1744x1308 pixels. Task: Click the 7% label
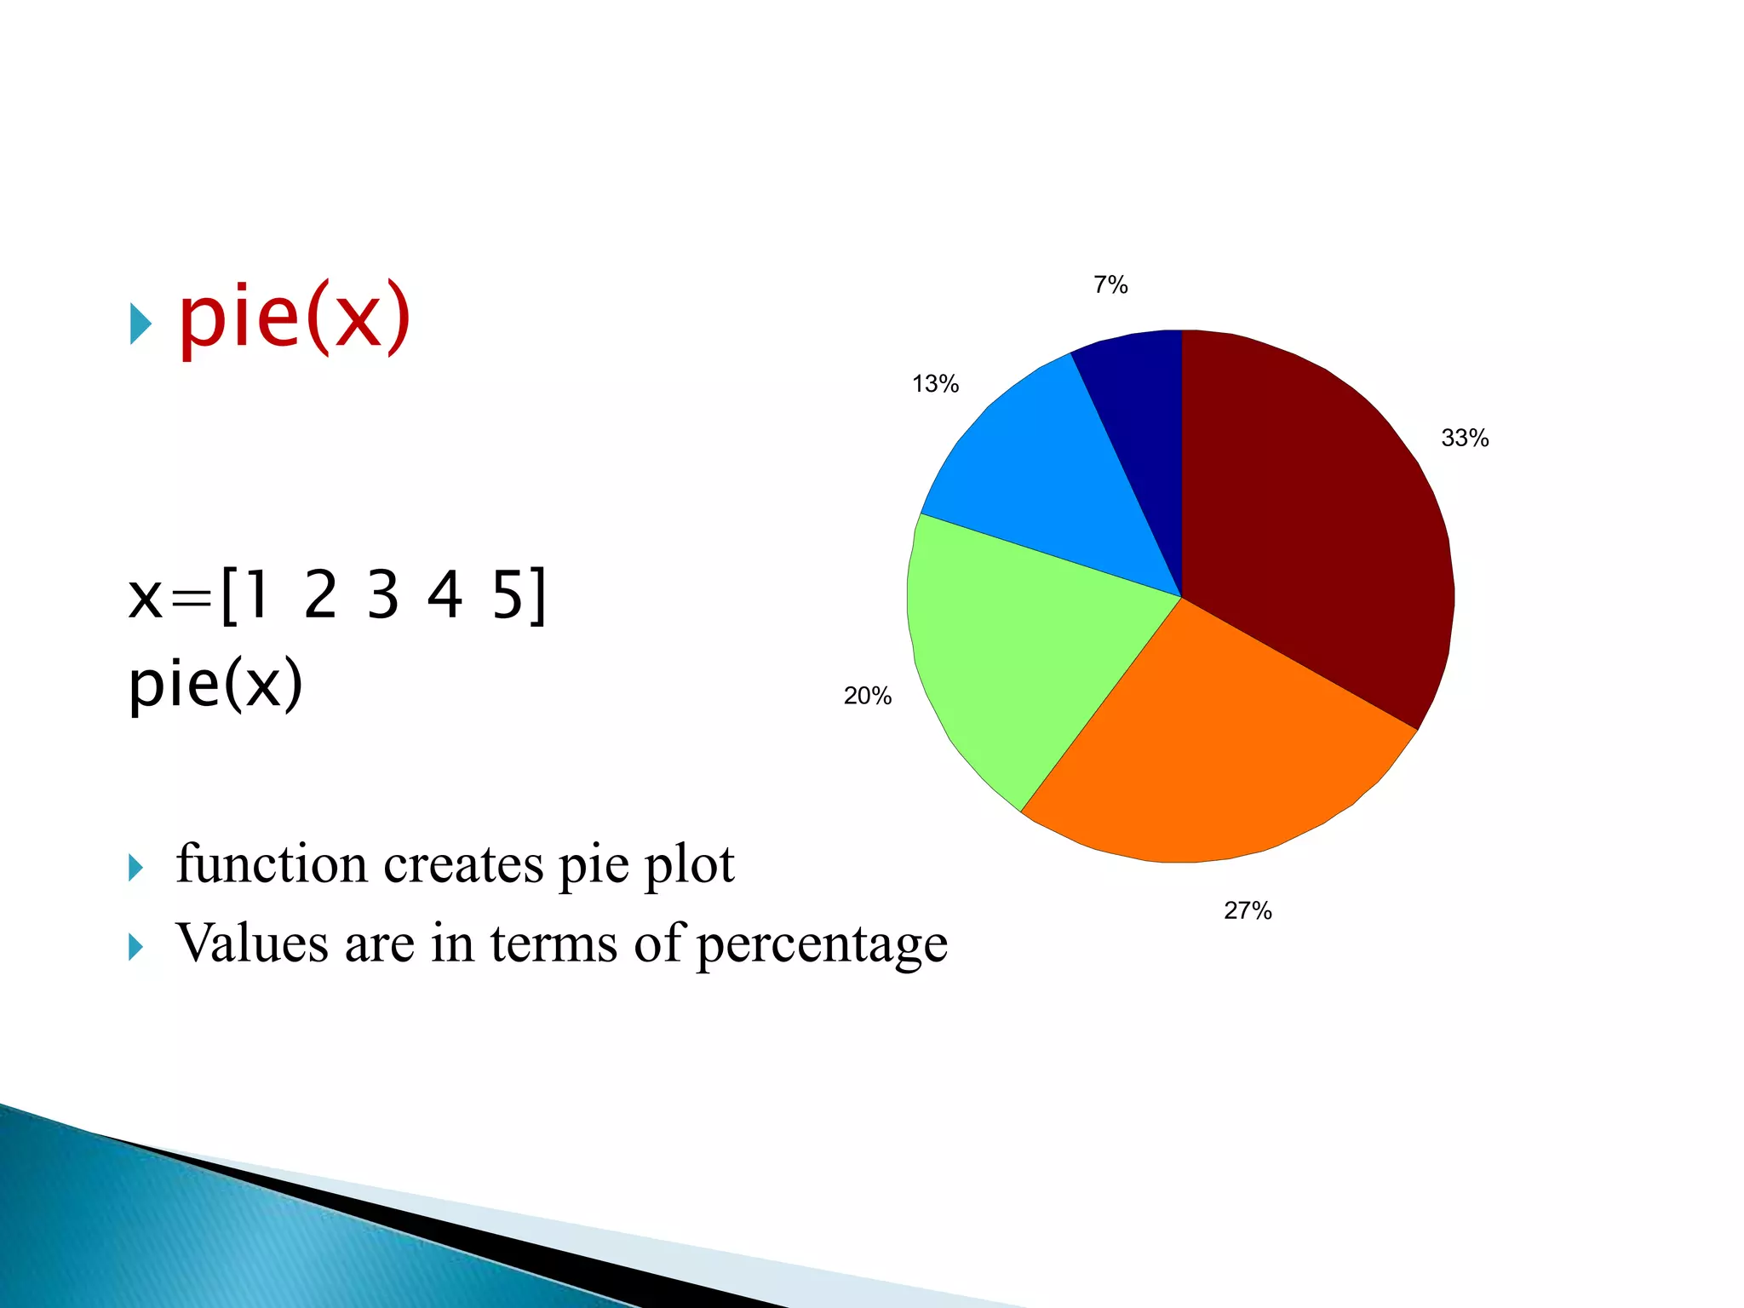(1110, 285)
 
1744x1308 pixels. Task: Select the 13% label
(935, 384)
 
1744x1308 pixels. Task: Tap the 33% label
(1465, 438)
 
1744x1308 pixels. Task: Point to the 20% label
(867, 696)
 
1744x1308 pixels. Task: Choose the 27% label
(1248, 910)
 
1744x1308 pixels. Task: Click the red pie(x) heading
(295, 317)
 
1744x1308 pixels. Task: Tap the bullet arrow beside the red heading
(141, 324)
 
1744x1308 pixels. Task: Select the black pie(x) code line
(215, 683)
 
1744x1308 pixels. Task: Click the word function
(272, 863)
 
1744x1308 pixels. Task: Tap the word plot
(689, 865)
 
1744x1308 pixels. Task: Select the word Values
(252, 943)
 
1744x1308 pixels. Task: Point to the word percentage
(821, 945)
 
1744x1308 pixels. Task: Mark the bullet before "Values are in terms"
(135, 946)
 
